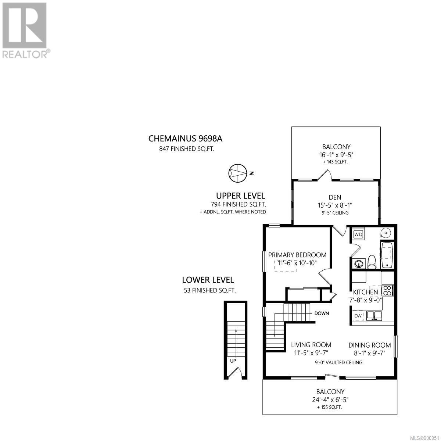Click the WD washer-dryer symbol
pos(358,234)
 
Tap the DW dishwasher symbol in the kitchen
pos(358,316)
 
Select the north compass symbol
pos(238,173)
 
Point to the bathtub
pos(387,255)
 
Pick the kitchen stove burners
pos(387,290)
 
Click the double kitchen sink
pos(374,316)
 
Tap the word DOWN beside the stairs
pos(322,313)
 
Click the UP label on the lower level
pos(233,361)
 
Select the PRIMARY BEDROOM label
pos(297,255)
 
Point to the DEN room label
pos(335,197)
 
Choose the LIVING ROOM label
pos(311,345)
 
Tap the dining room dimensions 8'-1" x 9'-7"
pos(370,353)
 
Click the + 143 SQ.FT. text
pos(335,162)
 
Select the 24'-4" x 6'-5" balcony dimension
pos(330,399)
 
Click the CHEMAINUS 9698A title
pos(185,139)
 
